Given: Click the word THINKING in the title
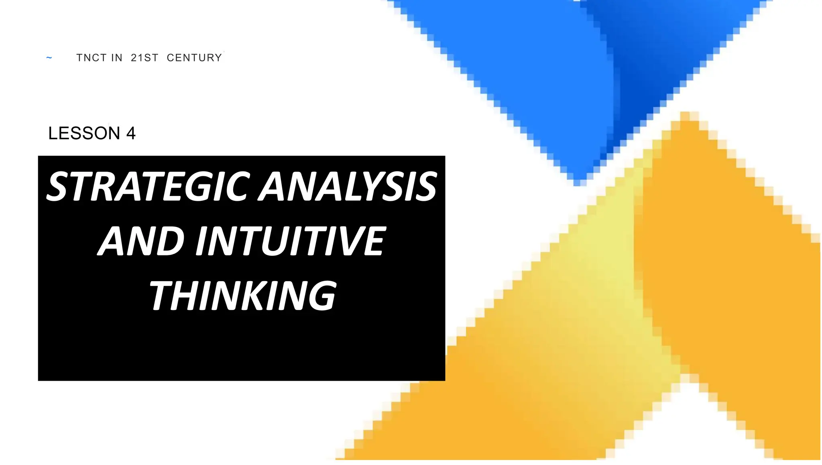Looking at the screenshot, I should [x=243, y=296].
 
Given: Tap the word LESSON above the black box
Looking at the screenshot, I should [x=84, y=133].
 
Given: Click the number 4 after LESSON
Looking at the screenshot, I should [x=131, y=133].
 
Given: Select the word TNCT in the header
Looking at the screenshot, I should [x=91, y=58].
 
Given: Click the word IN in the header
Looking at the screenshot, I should [x=116, y=58].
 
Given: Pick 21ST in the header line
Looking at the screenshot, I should [x=144, y=58].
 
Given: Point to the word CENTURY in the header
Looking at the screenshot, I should [x=194, y=58].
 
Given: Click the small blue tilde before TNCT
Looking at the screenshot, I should [x=49, y=58].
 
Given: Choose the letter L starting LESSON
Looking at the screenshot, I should [x=53, y=133].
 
